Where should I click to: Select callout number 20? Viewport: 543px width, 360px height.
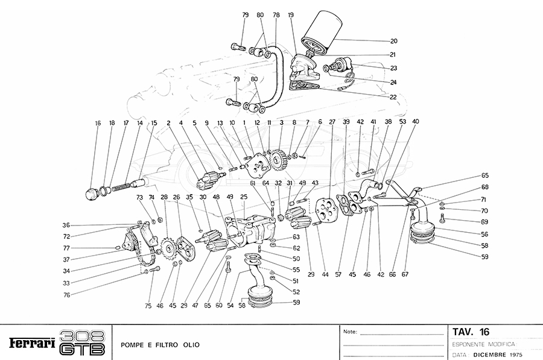[x=393, y=41]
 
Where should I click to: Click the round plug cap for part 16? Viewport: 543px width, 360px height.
[x=92, y=194]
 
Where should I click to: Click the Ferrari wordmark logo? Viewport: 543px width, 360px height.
[x=33, y=343]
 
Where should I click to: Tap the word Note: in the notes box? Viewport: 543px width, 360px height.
[x=350, y=332]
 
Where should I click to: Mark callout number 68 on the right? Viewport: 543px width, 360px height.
[x=484, y=188]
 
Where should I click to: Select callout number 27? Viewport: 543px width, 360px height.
[x=332, y=122]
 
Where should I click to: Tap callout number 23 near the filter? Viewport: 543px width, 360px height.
[x=393, y=68]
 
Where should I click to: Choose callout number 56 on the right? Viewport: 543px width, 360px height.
[x=484, y=234]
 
